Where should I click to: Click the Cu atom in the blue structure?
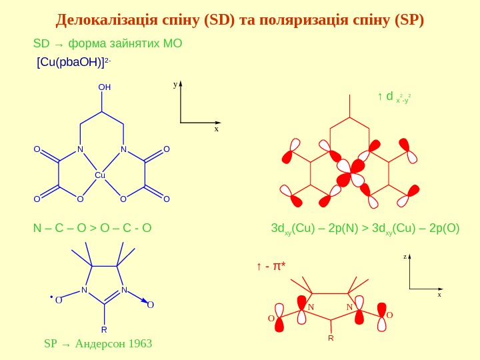click(x=101, y=175)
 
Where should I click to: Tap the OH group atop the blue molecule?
click(x=104, y=87)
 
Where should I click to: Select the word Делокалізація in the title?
click(x=107, y=18)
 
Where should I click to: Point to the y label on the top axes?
click(x=175, y=85)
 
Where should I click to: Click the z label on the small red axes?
click(x=405, y=256)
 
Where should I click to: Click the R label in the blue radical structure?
click(x=104, y=330)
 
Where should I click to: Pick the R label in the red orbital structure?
click(x=330, y=339)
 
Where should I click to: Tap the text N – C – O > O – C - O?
click(x=93, y=229)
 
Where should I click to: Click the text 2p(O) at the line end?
click(x=444, y=229)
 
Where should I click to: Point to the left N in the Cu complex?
click(x=79, y=149)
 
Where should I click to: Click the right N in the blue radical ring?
click(x=124, y=290)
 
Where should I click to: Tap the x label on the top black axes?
click(x=216, y=129)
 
